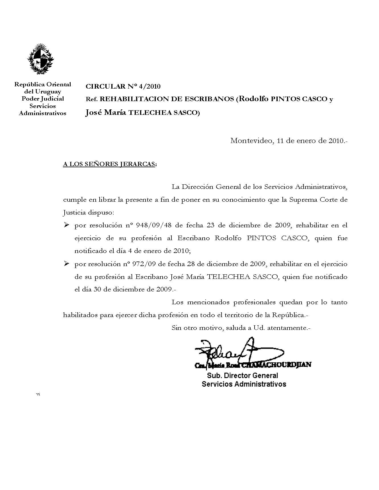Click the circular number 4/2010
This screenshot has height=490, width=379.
[x=149, y=86]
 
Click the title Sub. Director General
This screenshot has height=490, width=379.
[x=242, y=375]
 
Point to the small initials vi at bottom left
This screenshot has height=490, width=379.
[x=38, y=394]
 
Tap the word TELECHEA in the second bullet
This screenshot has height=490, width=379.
[x=228, y=277]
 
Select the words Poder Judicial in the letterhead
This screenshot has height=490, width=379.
[x=43, y=99]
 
